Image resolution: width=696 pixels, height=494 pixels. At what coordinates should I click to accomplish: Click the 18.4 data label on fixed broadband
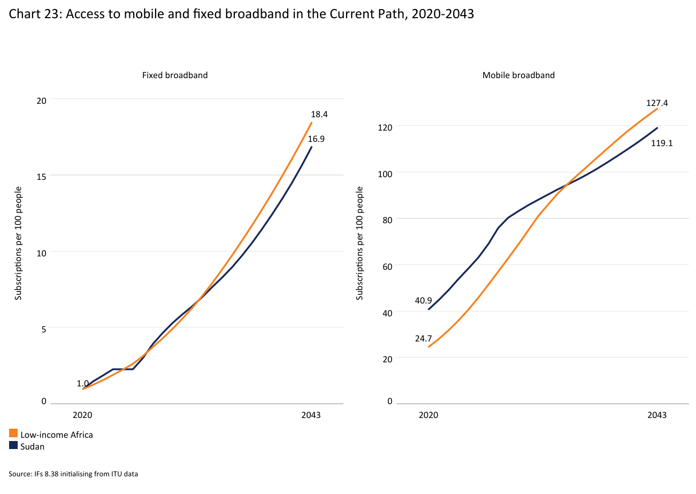319,114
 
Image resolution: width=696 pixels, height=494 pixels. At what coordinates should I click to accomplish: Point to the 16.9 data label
316,139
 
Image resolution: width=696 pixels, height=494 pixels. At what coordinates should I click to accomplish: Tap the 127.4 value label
656,103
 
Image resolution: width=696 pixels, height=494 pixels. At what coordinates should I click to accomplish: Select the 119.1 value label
661,143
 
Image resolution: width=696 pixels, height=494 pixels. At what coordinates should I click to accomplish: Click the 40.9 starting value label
424,300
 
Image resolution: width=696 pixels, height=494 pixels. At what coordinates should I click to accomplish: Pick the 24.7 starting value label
424,338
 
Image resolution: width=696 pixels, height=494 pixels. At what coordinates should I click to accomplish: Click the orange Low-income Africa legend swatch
13,434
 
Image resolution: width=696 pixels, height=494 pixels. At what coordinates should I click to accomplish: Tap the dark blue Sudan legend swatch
13,445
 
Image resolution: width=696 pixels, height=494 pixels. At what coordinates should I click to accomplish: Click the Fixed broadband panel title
175,75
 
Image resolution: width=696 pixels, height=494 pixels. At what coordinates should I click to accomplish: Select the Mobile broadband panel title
518,75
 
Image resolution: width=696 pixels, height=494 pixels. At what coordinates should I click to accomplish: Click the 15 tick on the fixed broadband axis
42,176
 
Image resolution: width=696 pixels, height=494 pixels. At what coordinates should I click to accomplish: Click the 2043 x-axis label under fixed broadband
311,415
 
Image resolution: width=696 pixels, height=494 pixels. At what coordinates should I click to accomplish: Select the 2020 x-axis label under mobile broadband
429,415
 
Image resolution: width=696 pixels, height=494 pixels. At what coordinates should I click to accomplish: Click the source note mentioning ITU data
73,474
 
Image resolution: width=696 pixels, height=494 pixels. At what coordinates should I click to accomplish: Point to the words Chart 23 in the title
29,14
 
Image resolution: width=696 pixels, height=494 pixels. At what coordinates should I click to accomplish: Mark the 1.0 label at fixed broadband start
82,383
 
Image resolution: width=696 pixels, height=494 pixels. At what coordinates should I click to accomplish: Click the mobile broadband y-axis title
360,243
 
